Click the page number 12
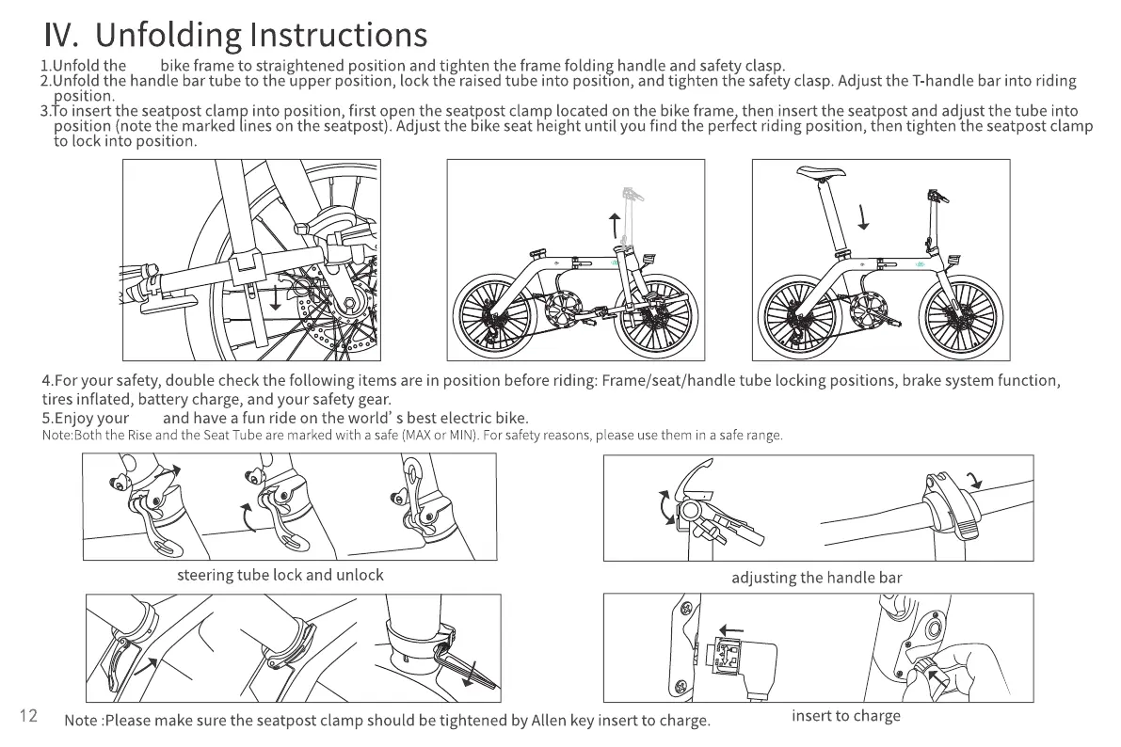(28, 716)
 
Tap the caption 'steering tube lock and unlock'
(280, 575)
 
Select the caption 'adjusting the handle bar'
(816, 578)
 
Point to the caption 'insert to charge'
(845, 716)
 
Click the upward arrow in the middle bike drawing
(615, 226)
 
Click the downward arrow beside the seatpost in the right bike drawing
(862, 218)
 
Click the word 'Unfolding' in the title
(168, 35)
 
